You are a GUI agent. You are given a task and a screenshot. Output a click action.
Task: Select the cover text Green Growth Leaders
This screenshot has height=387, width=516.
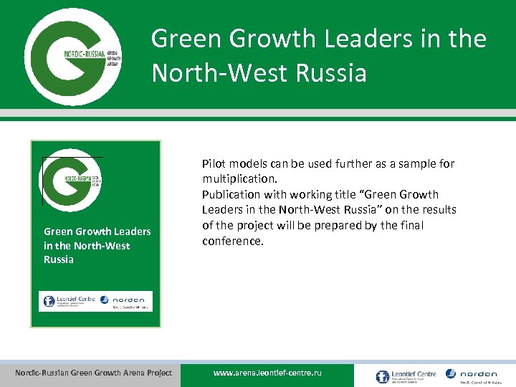pyautogui.click(x=97, y=231)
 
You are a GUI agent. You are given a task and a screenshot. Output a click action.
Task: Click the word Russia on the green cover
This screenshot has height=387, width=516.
pyautogui.click(x=59, y=259)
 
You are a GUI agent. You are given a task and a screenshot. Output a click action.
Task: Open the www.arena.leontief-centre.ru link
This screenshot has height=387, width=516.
pyautogui.click(x=268, y=373)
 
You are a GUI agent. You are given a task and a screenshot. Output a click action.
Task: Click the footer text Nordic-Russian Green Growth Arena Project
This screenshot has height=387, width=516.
pyautogui.click(x=94, y=373)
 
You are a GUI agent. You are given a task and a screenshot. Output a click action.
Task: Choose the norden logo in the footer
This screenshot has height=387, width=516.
pyautogui.click(x=472, y=375)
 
